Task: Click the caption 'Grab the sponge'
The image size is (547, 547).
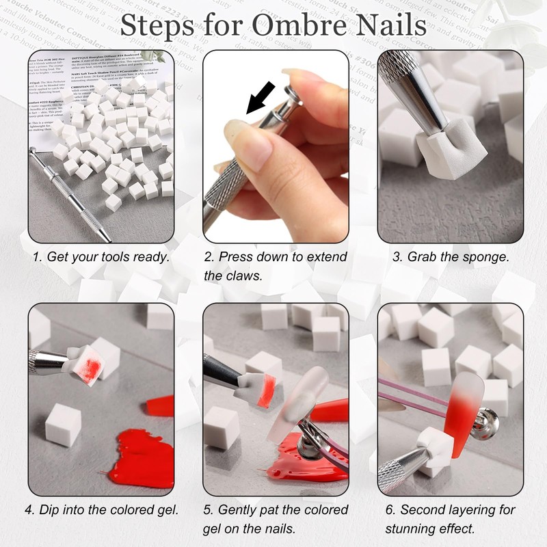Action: coord(451,257)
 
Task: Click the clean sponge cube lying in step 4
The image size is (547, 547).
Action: coord(64,424)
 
